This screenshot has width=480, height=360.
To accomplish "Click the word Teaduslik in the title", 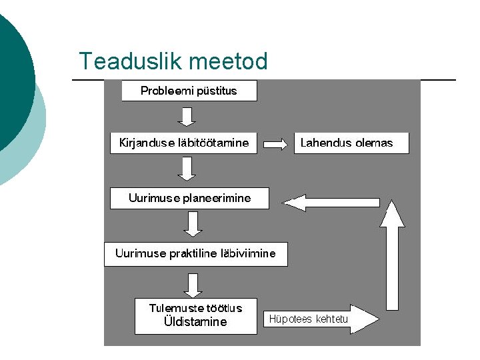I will click(130, 61).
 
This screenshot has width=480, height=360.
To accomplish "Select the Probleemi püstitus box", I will click(189, 91).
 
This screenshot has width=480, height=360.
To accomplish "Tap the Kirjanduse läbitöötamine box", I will click(183, 143).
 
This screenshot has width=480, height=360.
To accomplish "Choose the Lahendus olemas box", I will click(351, 143).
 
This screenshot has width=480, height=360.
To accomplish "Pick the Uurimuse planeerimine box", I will click(189, 198).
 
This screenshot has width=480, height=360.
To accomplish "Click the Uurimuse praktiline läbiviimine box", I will click(195, 253).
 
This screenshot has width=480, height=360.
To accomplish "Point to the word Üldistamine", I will click(195, 322).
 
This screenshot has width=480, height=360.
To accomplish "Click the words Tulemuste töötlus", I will click(195, 308).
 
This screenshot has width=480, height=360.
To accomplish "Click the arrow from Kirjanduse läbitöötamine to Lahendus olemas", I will click(275, 143).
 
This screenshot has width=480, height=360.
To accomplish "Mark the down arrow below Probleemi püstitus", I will click(187, 116).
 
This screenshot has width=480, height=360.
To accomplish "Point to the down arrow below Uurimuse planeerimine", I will click(193, 224).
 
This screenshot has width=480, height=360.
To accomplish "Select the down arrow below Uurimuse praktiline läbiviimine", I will click(193, 284).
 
